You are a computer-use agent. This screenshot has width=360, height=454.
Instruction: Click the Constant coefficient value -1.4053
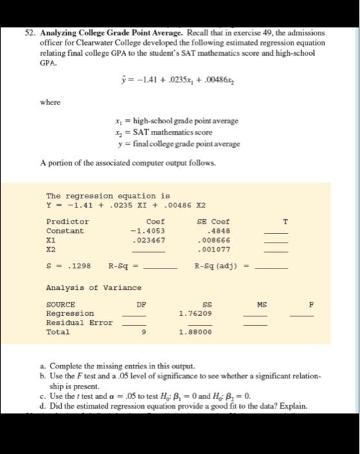148,230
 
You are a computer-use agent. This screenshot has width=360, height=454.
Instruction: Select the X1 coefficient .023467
148,239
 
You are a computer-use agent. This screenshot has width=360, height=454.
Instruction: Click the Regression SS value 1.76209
195,313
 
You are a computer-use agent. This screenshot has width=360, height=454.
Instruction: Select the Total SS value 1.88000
195,331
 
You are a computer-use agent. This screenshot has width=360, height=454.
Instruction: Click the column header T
283,221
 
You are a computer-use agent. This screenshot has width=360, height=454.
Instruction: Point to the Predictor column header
67,221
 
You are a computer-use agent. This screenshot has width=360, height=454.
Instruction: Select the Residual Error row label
79,322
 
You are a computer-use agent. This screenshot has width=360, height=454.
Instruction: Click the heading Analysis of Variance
93,287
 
